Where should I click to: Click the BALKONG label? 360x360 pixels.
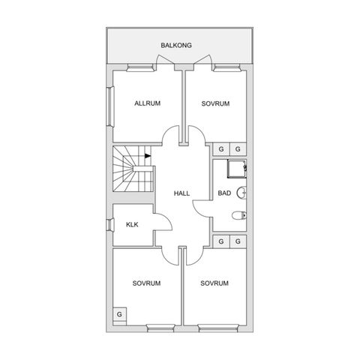(x=176, y=46)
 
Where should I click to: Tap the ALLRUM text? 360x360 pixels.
(x=147, y=103)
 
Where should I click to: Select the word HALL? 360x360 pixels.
(x=181, y=193)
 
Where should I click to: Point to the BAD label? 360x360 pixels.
(x=223, y=193)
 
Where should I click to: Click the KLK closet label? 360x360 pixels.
(x=131, y=225)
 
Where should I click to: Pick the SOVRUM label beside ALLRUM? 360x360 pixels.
(x=214, y=103)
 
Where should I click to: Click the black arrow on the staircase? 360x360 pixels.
(x=148, y=156)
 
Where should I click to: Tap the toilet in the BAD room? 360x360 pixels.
(x=238, y=217)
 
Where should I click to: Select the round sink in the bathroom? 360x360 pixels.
(x=241, y=193)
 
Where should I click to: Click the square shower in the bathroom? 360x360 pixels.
(x=235, y=169)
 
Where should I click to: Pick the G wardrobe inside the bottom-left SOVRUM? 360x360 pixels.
(x=119, y=313)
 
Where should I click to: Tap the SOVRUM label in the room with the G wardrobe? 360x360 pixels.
(x=147, y=283)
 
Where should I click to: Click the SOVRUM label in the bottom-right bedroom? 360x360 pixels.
(x=214, y=283)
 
